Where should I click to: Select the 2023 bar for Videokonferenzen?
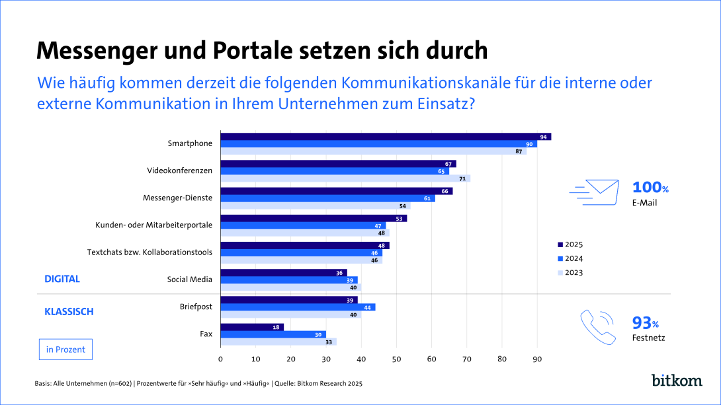345,178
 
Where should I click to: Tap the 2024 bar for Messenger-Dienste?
327,198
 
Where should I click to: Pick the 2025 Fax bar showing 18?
251,327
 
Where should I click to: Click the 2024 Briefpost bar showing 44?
298,307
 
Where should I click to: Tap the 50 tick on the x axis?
396,359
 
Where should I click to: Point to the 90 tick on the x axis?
537,359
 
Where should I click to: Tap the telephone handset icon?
597,325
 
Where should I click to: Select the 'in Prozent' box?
65,350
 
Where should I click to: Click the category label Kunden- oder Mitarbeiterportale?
154,225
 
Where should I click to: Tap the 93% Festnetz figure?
646,328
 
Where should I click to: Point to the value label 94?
544,137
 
